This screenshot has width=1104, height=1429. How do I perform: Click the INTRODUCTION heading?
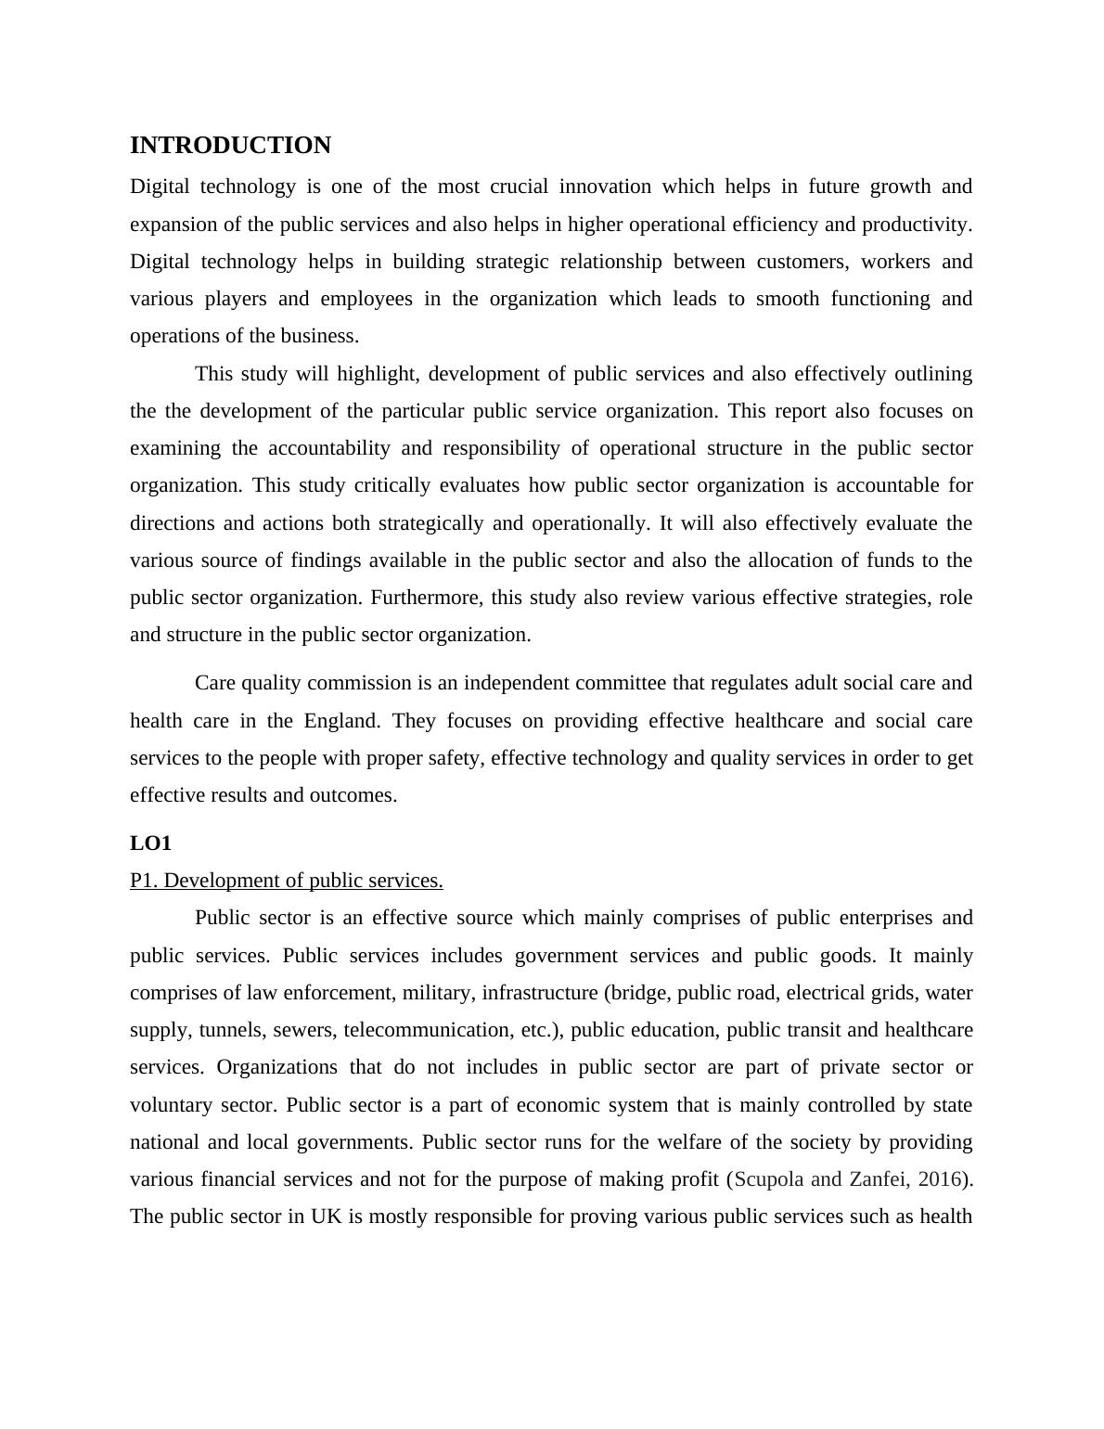pyautogui.click(x=230, y=146)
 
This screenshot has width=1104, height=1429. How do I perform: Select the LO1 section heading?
pyautogui.click(x=150, y=843)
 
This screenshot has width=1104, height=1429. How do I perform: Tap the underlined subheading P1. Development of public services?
pyautogui.click(x=286, y=881)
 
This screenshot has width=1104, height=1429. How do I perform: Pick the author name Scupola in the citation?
pyautogui.click(x=769, y=1179)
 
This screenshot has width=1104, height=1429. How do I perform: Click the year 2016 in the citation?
pyautogui.click(x=940, y=1179)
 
